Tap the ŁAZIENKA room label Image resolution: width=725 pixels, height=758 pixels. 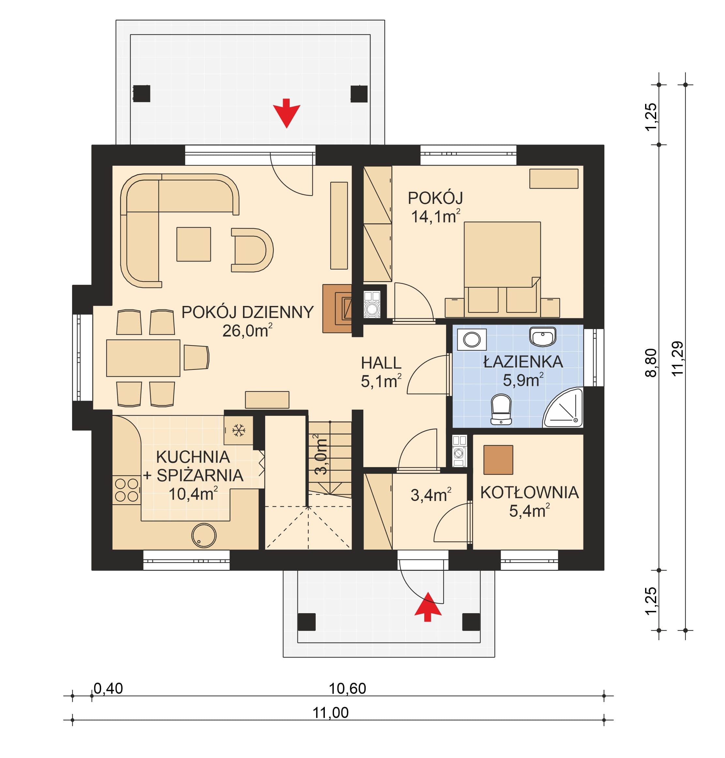pos(523,362)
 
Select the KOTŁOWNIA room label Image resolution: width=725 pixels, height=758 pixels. pos(529,493)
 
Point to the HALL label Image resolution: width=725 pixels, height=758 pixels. pos(381,363)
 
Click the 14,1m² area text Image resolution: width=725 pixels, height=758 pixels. pos(435,217)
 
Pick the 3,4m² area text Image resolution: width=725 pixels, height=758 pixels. pos(431,495)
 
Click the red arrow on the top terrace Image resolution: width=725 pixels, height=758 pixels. pos(286,113)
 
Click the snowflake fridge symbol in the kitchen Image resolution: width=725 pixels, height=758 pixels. pos(238,430)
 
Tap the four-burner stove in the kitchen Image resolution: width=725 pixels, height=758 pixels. pos(126,490)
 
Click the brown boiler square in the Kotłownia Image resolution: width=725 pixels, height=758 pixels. pos(498,460)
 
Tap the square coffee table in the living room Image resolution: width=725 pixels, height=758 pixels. pos(194,244)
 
